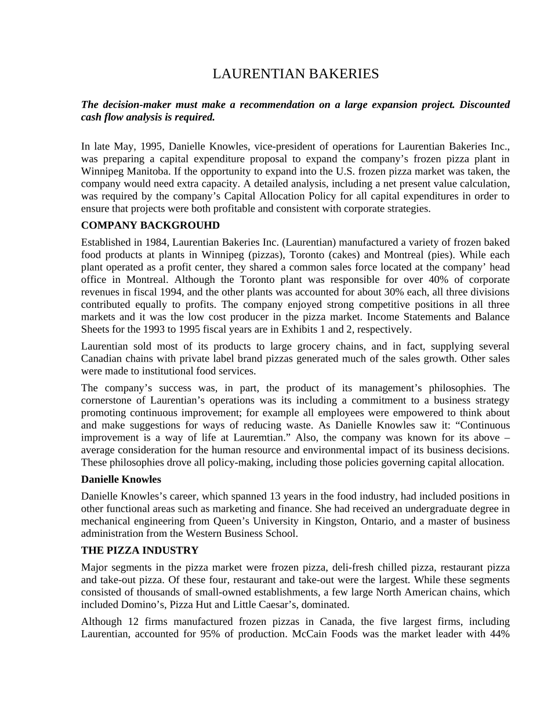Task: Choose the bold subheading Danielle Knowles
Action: pos(121,479)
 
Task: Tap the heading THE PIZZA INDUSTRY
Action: pos(140,550)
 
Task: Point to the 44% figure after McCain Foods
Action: pos(499,634)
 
